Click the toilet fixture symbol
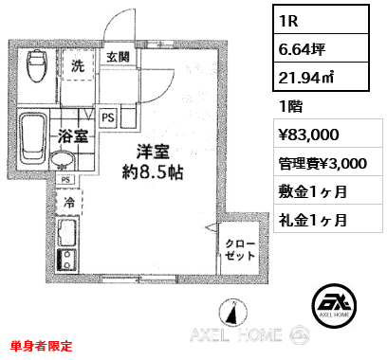tap(38, 65)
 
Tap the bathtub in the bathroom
tap(33, 138)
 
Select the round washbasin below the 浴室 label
tap(62, 160)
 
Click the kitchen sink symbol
tap(66, 232)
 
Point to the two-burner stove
tap(66, 260)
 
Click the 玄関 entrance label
tap(118, 57)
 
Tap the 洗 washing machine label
tap(78, 65)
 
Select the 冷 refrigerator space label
tap(69, 202)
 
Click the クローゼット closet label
tap(240, 249)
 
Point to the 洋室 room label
tap(153, 152)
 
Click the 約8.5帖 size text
tap(153, 172)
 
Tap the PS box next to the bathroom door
tap(108, 117)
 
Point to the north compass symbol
tap(233, 313)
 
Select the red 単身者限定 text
tap(42, 346)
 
